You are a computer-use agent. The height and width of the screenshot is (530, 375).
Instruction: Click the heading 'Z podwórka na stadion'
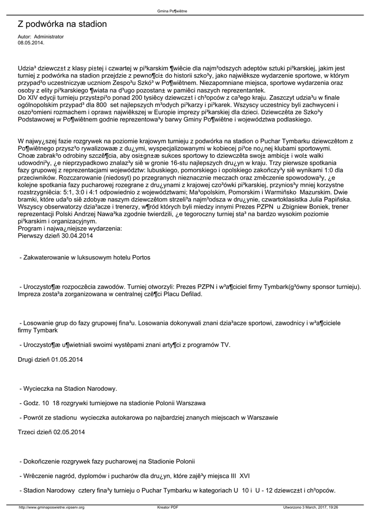[62, 24]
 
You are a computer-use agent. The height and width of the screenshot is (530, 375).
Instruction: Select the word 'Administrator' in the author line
[49, 37]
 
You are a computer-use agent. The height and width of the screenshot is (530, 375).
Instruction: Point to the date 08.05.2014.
[31, 43]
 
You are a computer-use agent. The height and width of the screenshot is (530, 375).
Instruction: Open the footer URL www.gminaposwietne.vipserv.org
[51, 507]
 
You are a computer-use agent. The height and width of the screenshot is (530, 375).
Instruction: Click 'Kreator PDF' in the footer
[168, 507]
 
